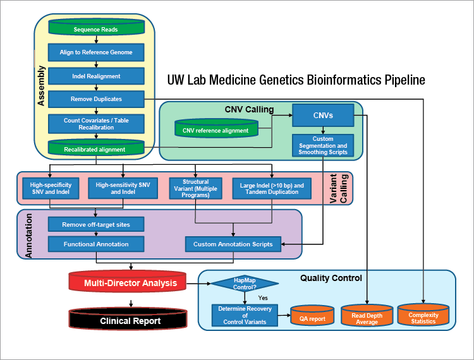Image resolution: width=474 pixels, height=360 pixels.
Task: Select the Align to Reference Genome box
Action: click(x=97, y=52)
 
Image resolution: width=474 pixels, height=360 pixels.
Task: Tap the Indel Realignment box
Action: click(x=97, y=76)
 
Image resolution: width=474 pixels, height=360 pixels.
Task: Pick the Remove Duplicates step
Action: click(x=97, y=99)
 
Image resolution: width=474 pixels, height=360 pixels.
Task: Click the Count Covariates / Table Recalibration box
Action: click(x=97, y=123)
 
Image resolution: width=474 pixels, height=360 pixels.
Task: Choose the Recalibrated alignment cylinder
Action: click(x=97, y=148)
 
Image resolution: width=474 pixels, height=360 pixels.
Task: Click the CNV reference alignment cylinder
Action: click(x=216, y=131)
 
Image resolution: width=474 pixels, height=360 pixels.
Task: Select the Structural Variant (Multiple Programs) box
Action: click(x=196, y=188)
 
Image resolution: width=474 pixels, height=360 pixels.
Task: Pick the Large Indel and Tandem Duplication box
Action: click(x=272, y=188)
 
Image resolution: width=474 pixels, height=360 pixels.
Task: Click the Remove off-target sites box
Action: click(x=97, y=224)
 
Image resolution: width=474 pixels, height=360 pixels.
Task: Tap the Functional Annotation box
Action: click(x=97, y=244)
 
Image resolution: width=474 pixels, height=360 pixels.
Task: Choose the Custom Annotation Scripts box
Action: click(x=233, y=244)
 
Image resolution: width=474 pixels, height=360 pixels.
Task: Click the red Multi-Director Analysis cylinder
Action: click(x=126, y=283)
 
